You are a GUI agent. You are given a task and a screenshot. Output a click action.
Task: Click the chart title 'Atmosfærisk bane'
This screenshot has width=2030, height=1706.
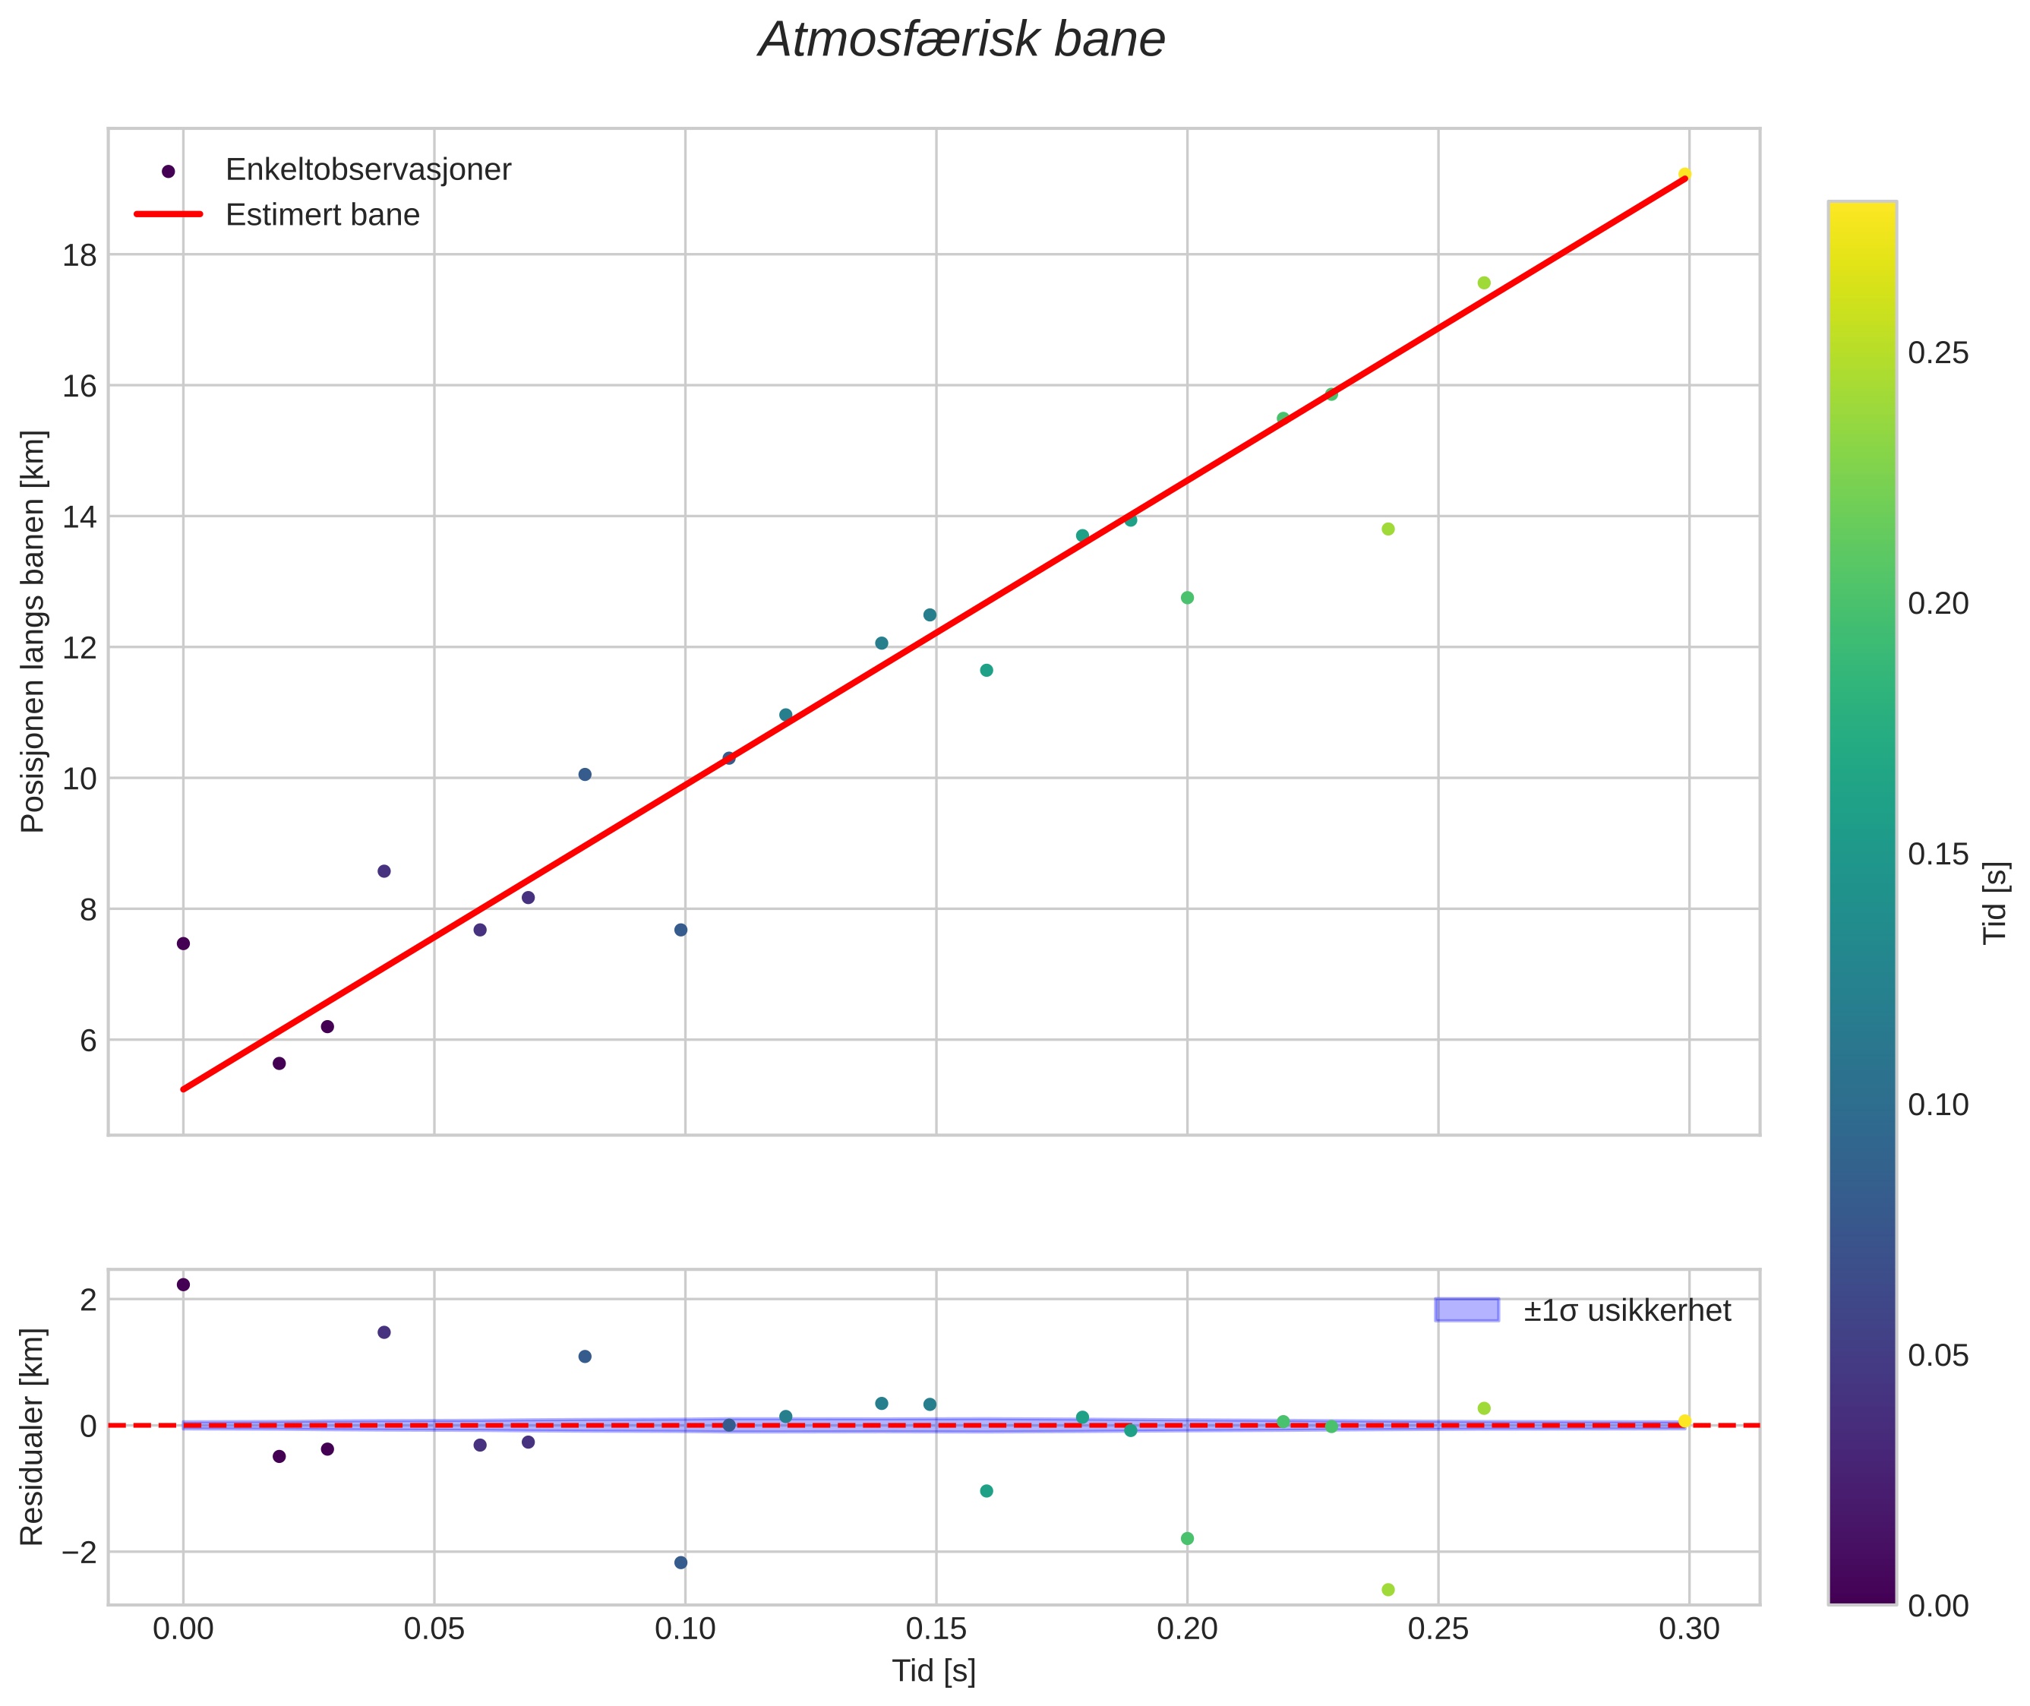point(961,40)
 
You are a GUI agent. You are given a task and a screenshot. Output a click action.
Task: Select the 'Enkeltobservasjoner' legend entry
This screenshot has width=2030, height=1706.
point(368,170)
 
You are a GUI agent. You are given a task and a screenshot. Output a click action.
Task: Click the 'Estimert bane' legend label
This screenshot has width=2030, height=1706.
point(322,215)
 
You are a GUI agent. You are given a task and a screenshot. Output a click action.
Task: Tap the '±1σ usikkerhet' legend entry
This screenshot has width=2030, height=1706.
point(1627,1310)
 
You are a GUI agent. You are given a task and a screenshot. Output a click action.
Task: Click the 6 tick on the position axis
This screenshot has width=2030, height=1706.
point(88,1041)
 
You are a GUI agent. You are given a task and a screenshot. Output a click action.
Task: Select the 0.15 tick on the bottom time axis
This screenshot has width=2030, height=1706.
point(935,1629)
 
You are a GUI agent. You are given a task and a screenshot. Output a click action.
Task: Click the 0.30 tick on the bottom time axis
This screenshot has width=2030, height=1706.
point(1688,1629)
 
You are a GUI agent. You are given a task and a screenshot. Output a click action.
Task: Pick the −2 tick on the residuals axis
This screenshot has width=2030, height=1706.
point(78,1553)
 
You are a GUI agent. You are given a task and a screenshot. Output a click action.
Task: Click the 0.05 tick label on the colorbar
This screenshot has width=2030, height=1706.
point(1937,1356)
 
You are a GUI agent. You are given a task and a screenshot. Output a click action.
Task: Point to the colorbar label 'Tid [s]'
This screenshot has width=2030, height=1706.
point(1995,902)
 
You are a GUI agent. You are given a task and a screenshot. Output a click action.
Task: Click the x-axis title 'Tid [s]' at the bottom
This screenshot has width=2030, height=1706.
point(933,1671)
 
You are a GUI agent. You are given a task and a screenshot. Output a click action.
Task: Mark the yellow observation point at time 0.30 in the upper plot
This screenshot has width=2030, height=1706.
point(1684,174)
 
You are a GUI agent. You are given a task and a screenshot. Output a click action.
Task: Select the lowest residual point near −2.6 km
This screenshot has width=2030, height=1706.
point(1388,1590)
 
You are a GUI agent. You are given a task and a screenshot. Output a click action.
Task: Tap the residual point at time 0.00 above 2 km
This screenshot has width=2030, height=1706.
point(183,1284)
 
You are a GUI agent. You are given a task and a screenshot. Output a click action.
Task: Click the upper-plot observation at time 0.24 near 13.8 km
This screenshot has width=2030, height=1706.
point(1388,529)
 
